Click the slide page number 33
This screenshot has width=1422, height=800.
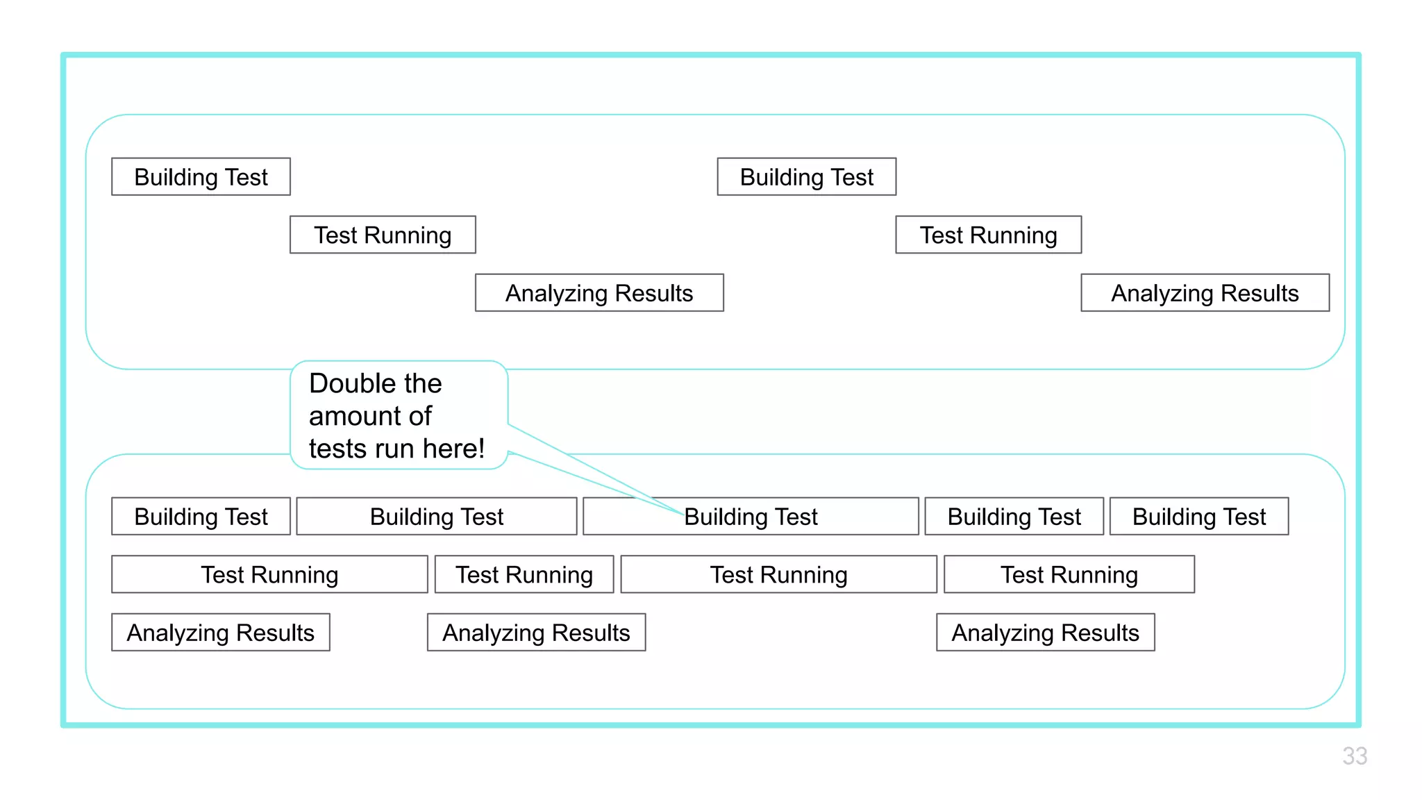point(1354,756)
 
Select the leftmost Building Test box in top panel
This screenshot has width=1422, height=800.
point(201,177)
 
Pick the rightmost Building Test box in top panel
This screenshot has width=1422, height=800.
point(806,177)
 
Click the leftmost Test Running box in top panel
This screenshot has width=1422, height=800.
point(383,235)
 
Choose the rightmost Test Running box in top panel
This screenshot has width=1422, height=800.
point(988,235)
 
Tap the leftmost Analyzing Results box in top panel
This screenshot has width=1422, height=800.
point(599,293)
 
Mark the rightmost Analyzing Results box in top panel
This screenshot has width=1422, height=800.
point(1205,293)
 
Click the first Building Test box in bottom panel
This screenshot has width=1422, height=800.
point(201,517)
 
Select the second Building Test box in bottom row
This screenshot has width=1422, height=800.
point(436,517)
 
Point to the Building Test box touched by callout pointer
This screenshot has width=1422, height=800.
point(751,517)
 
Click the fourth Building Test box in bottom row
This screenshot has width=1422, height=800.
point(1014,517)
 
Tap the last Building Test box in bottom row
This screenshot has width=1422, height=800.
point(1198,517)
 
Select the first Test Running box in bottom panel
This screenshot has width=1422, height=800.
point(269,574)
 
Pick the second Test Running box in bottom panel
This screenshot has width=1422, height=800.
point(524,574)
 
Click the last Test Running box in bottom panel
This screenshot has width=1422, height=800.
point(1069,574)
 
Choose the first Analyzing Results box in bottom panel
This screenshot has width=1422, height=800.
point(220,633)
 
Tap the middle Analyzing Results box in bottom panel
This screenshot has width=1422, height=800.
point(536,633)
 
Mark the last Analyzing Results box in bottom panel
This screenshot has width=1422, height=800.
point(1045,633)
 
